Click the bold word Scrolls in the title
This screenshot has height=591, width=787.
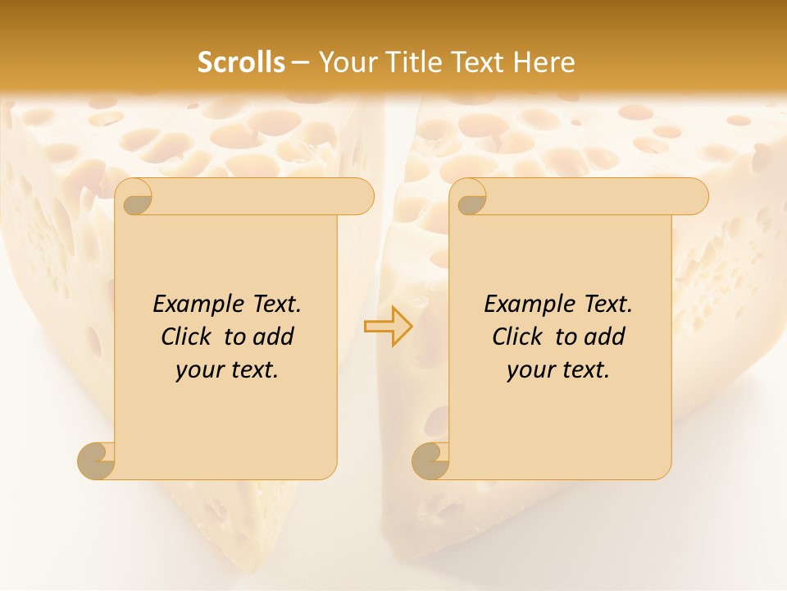click(x=241, y=62)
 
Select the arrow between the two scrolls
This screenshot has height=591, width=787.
click(x=388, y=326)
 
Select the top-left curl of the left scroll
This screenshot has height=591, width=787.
click(x=134, y=197)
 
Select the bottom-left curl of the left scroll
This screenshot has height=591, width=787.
click(x=97, y=460)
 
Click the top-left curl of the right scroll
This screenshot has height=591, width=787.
click(x=469, y=197)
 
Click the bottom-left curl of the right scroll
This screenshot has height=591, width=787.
click(x=430, y=460)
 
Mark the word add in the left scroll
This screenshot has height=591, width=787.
click(x=274, y=337)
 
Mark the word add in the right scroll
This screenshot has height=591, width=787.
click(x=605, y=337)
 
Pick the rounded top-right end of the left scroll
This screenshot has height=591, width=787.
click(x=361, y=197)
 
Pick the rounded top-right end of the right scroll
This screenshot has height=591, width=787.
click(x=695, y=197)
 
